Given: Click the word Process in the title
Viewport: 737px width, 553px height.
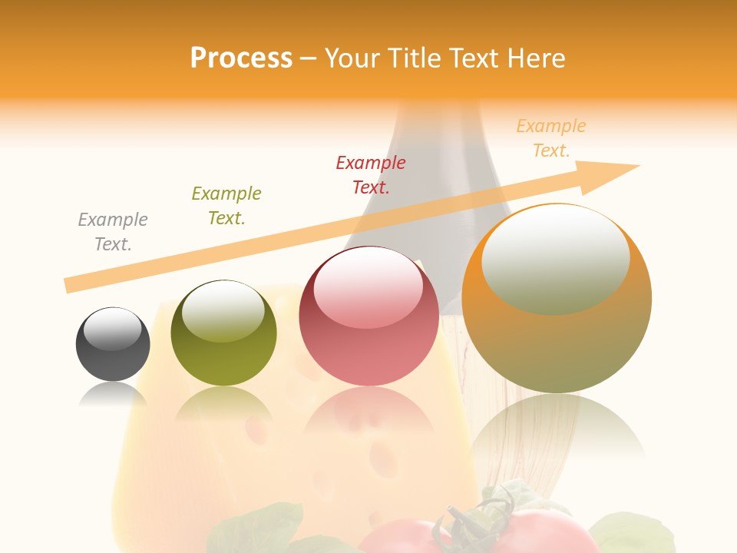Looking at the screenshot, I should pos(241,58).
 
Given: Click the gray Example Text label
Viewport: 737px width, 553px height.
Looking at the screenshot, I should pos(113,232).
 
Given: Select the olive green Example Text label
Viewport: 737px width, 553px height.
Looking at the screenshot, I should pos(226,205).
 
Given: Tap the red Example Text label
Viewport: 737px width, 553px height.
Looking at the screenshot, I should pos(371,174).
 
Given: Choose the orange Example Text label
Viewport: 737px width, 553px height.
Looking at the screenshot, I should pos(551,138).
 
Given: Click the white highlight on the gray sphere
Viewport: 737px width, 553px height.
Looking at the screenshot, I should pos(113,329).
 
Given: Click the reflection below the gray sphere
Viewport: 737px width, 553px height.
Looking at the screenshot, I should pos(113,393).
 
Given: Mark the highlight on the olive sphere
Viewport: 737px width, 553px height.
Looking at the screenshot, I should pos(223,310).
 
